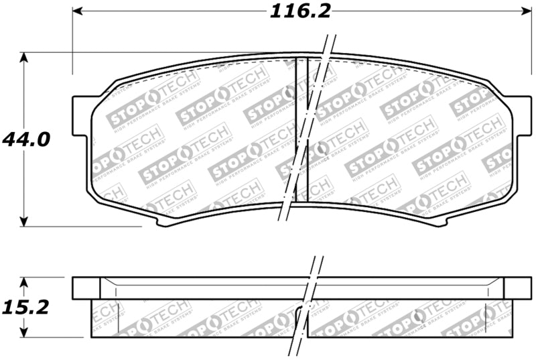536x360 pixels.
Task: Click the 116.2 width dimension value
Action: (301, 12)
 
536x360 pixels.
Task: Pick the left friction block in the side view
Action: (194, 317)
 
